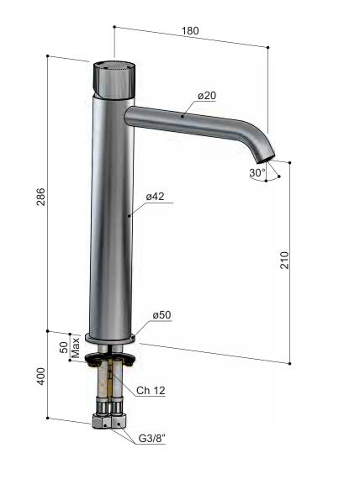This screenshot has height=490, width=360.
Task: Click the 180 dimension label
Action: pyautogui.click(x=190, y=31)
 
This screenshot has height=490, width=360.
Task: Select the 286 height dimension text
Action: pyautogui.click(x=41, y=197)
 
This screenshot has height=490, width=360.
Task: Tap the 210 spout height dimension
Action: pyautogui.click(x=284, y=260)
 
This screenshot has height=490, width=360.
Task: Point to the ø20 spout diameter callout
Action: pyautogui.click(x=207, y=96)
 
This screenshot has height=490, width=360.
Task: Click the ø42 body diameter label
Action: pyautogui.click(x=155, y=196)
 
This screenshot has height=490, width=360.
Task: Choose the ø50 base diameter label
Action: pyautogui.click(x=161, y=315)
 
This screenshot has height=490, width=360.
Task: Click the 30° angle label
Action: pyautogui.click(x=257, y=172)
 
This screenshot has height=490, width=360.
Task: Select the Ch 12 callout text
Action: pyautogui.click(x=151, y=390)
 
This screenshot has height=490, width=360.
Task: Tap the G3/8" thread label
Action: pyautogui.click(x=151, y=439)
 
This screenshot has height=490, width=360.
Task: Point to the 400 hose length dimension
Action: pyautogui.click(x=41, y=377)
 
